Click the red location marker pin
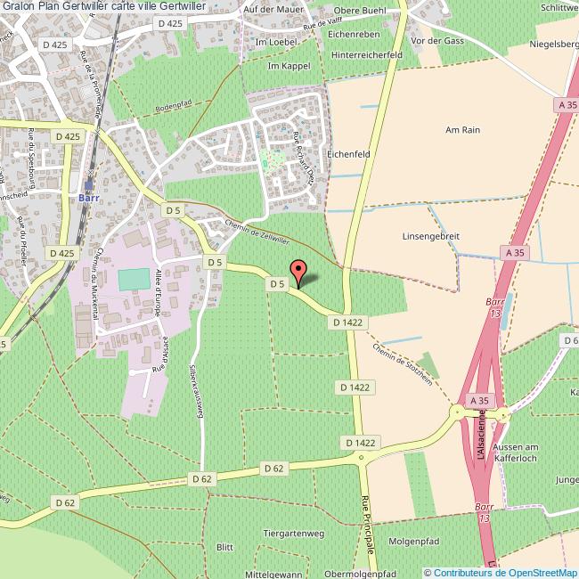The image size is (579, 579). pyautogui.click(x=298, y=271)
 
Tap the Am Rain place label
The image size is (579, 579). pyautogui.click(x=462, y=129)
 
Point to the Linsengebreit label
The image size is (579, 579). pyautogui.click(x=430, y=236)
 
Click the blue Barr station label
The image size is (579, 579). pyautogui.click(x=88, y=198)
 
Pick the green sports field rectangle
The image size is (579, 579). pyautogui.click(x=135, y=279)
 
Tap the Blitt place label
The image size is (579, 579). pyautogui.click(x=224, y=546)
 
